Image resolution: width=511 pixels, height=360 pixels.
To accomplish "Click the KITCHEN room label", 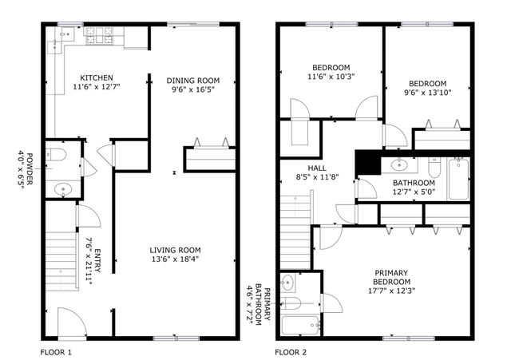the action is pos(97,78).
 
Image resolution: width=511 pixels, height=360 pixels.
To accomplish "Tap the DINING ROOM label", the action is pos(193,81).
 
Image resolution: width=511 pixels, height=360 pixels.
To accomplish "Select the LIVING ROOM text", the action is pos(176,250).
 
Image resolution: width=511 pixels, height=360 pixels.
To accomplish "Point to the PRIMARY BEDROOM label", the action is pos(391,277).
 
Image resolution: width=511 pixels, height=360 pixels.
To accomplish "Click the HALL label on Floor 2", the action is pos(317,168).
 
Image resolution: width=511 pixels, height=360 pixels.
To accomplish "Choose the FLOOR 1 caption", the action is pos(56,352).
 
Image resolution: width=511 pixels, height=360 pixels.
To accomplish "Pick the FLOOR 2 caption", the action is pos(291,352).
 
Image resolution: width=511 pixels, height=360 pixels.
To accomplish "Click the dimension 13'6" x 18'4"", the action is pos(176,259).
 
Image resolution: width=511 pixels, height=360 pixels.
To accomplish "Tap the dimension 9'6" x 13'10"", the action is pos(428,93).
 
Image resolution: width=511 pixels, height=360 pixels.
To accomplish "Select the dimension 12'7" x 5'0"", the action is pos(414,192).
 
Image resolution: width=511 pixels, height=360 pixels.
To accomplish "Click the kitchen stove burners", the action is pos(99,35).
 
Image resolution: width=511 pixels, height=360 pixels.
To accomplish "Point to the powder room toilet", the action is pos(56,155).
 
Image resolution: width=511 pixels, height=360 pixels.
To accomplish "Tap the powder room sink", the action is pos(63,189).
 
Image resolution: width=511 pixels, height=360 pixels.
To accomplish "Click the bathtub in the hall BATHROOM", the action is pos(458,179).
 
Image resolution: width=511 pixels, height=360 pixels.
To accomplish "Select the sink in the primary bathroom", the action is pos(287,282).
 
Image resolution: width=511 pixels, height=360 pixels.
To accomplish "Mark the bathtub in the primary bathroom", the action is pos(301,326).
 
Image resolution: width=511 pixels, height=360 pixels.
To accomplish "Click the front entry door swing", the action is pos(72,322).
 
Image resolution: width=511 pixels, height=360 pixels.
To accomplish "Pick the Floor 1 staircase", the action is pos(61,261).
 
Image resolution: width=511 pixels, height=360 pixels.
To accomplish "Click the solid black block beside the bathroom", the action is pos(368,163).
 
